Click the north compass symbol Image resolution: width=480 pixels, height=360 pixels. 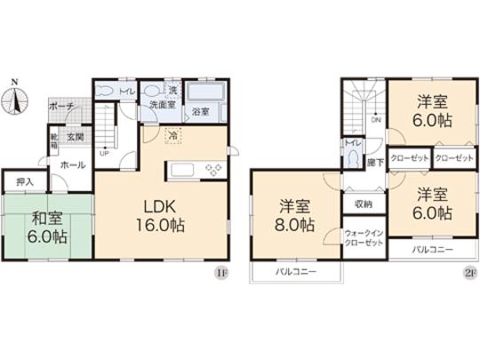click(x=16, y=100)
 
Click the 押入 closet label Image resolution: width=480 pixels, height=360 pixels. click(x=24, y=182)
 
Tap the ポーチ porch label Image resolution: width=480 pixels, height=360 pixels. click(x=61, y=105)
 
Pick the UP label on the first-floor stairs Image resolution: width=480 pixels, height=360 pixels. click(x=106, y=152)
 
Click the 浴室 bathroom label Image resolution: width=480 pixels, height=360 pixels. click(x=201, y=111)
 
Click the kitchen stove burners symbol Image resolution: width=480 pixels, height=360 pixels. click(x=213, y=168)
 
